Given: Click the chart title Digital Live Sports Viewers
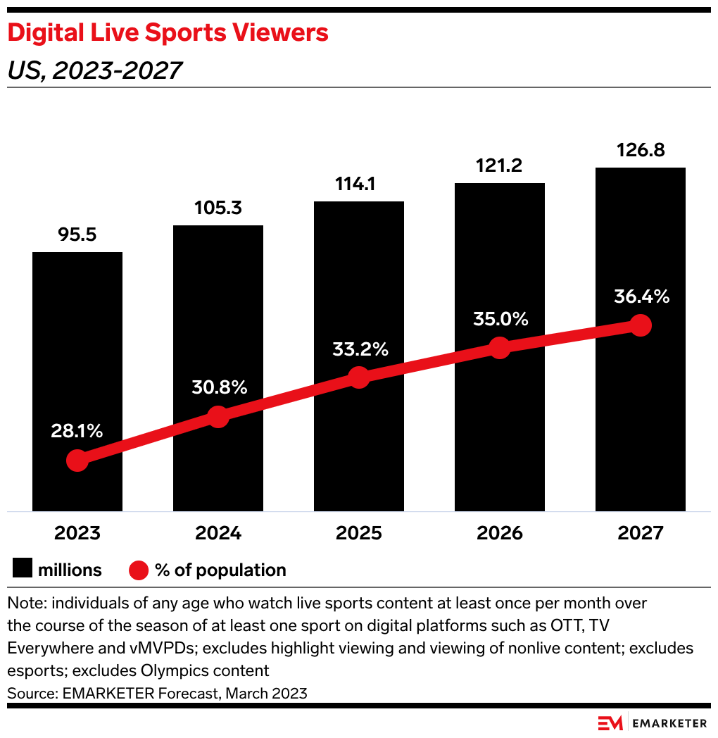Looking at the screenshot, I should pyautogui.click(x=168, y=32).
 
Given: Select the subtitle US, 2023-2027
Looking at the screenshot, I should pyautogui.click(x=95, y=70).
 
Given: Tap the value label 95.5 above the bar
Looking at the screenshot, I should pyautogui.click(x=77, y=235).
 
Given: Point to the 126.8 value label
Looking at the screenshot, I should pyautogui.click(x=640, y=151).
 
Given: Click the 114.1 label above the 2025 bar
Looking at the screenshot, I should pyautogui.click(x=358, y=184).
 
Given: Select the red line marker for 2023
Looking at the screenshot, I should pyautogui.click(x=77, y=461).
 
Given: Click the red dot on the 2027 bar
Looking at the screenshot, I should pyautogui.click(x=640, y=325).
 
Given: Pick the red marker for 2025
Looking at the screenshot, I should pyautogui.click(x=359, y=377).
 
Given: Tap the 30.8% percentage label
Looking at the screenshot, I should pyautogui.click(x=218, y=387).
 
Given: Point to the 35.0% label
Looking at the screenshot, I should pyautogui.click(x=500, y=319).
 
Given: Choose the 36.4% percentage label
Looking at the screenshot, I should pyautogui.click(x=641, y=296).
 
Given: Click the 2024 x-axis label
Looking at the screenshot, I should pyautogui.click(x=218, y=533).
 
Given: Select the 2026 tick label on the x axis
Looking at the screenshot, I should pyautogui.click(x=500, y=533).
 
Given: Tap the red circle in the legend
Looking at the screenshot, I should pyautogui.click(x=139, y=570).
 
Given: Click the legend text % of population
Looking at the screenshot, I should pyautogui.click(x=220, y=570).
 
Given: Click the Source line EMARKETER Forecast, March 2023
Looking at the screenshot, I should pyautogui.click(x=157, y=693).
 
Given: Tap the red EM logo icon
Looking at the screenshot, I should pyautogui.click(x=610, y=723).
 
